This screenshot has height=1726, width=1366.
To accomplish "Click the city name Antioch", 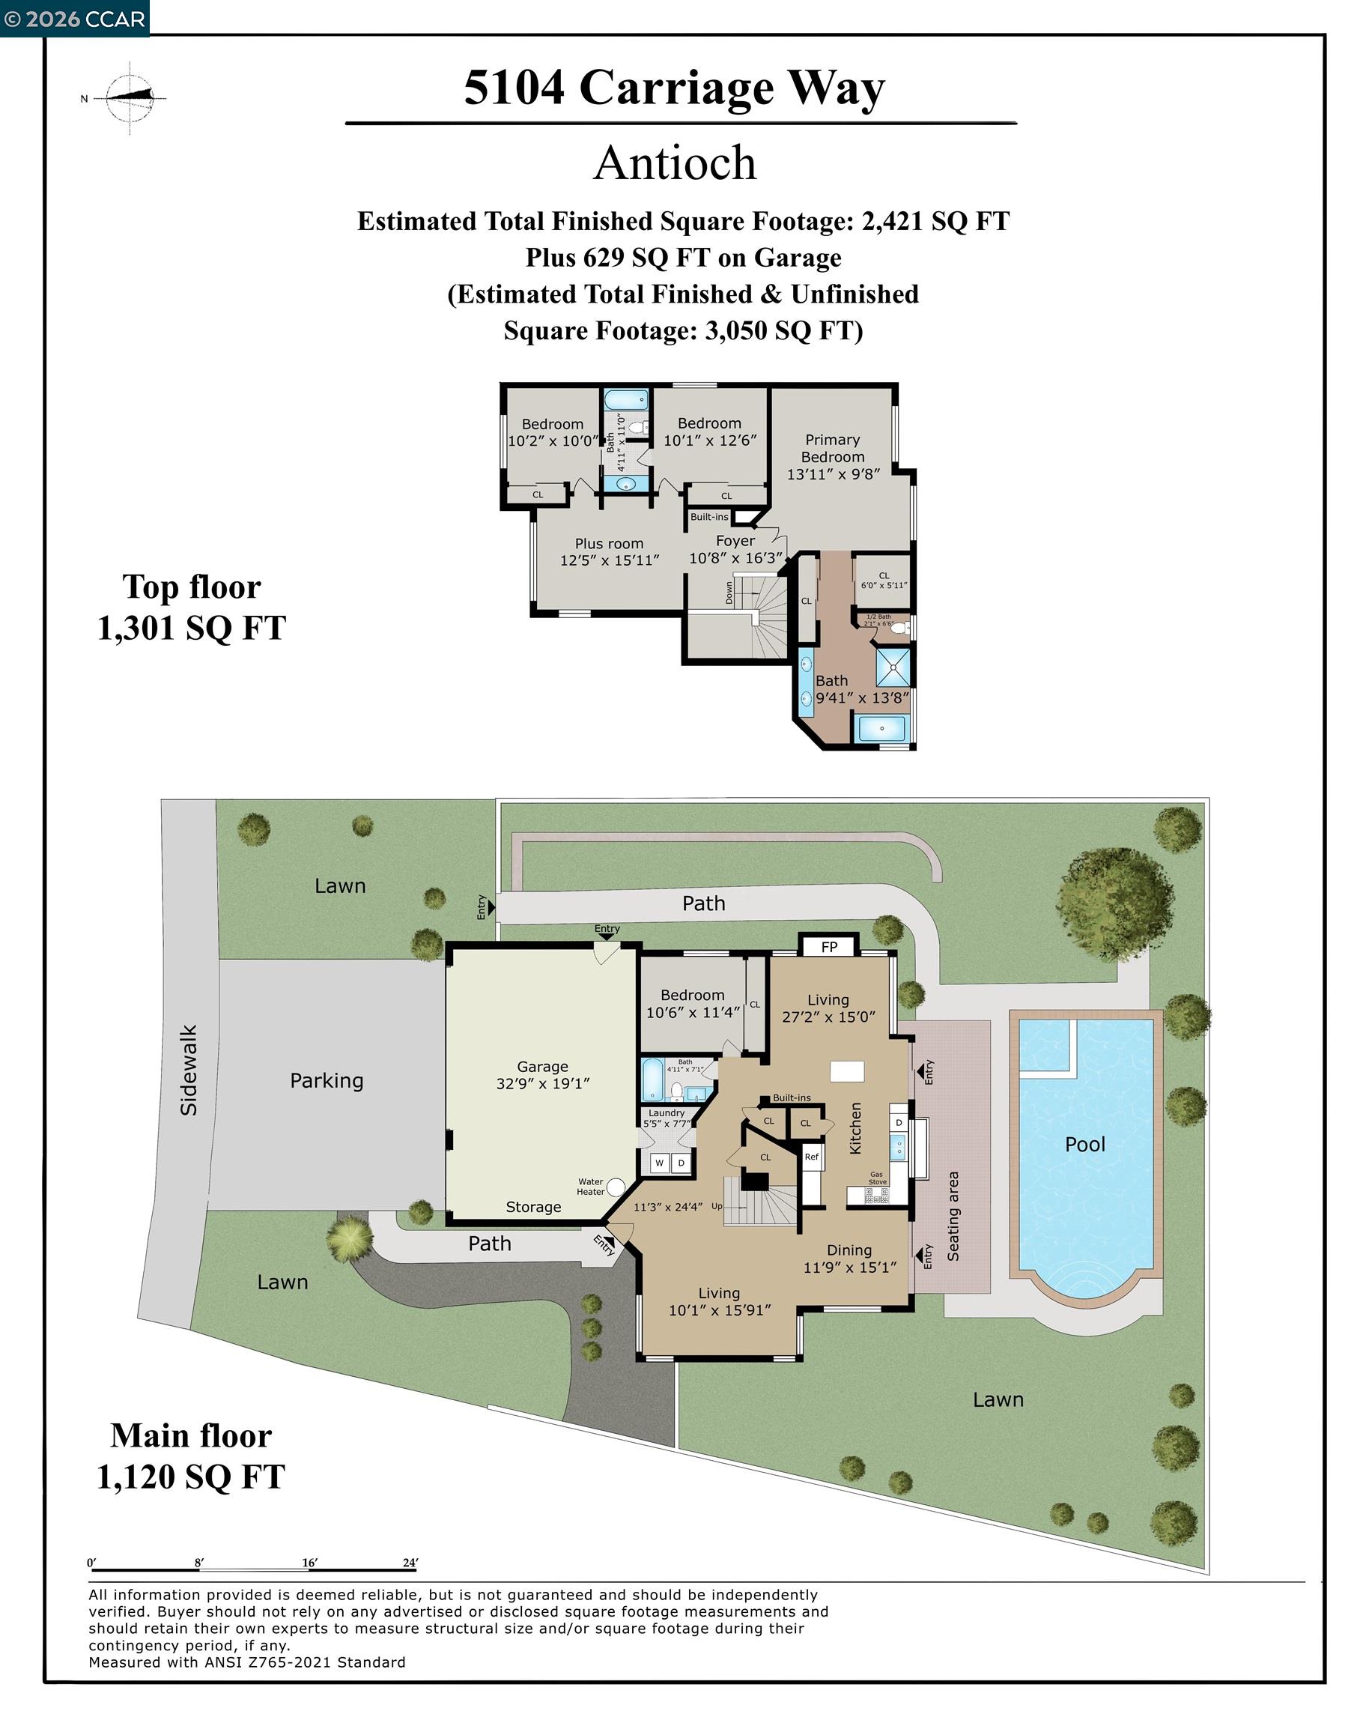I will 674,163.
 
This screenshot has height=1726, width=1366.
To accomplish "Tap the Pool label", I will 1084,1145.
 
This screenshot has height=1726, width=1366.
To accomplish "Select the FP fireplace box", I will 829,947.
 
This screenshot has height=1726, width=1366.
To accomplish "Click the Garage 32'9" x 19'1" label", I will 542,1075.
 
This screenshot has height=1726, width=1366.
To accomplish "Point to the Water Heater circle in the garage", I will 615,1187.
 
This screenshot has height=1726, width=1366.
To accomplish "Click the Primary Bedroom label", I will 833,457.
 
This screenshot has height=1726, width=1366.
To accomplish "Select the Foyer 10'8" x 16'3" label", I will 735,549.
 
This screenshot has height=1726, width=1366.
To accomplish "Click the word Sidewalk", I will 189,1071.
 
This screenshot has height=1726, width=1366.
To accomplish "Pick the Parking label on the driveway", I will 327,1081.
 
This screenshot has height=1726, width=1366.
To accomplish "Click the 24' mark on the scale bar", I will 411,1562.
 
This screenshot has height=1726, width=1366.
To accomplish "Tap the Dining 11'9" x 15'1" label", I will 849,1258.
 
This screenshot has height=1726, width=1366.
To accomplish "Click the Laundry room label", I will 667,1113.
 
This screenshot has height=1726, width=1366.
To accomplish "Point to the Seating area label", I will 953,1216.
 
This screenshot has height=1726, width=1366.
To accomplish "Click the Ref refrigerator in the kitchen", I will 812,1157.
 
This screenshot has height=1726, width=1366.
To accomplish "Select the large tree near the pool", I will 1114,903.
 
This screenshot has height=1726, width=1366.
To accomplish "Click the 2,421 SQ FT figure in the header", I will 935,222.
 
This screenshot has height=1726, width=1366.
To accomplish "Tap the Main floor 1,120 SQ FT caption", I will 190,1456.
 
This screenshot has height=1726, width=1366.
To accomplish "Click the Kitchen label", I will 856,1127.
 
